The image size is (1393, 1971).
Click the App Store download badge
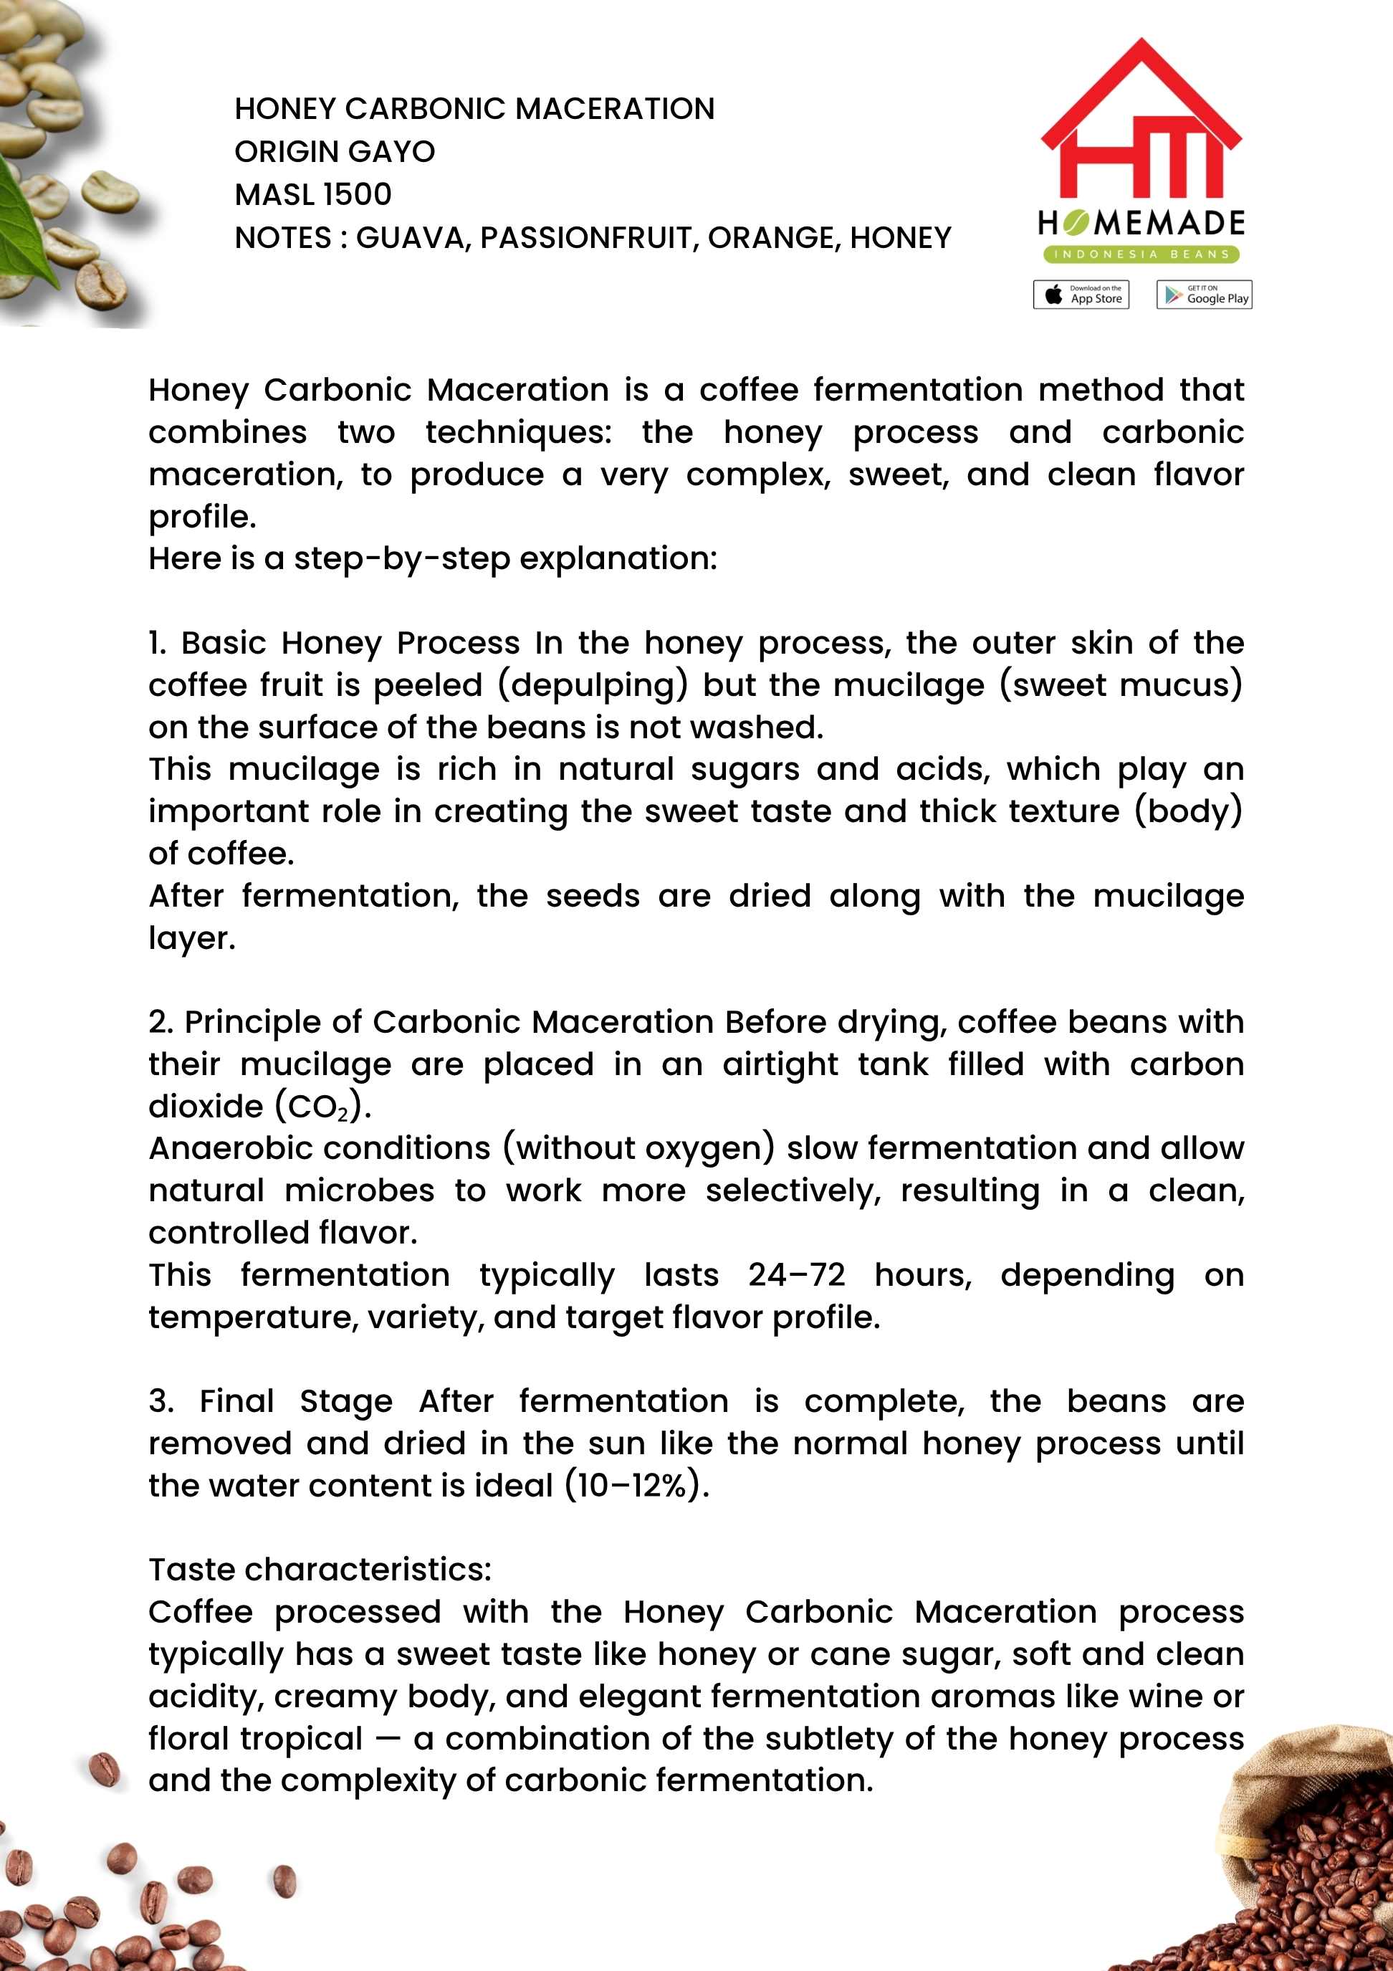(1081, 295)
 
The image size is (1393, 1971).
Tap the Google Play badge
(1203, 295)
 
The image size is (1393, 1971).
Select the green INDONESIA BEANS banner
(1141, 254)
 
